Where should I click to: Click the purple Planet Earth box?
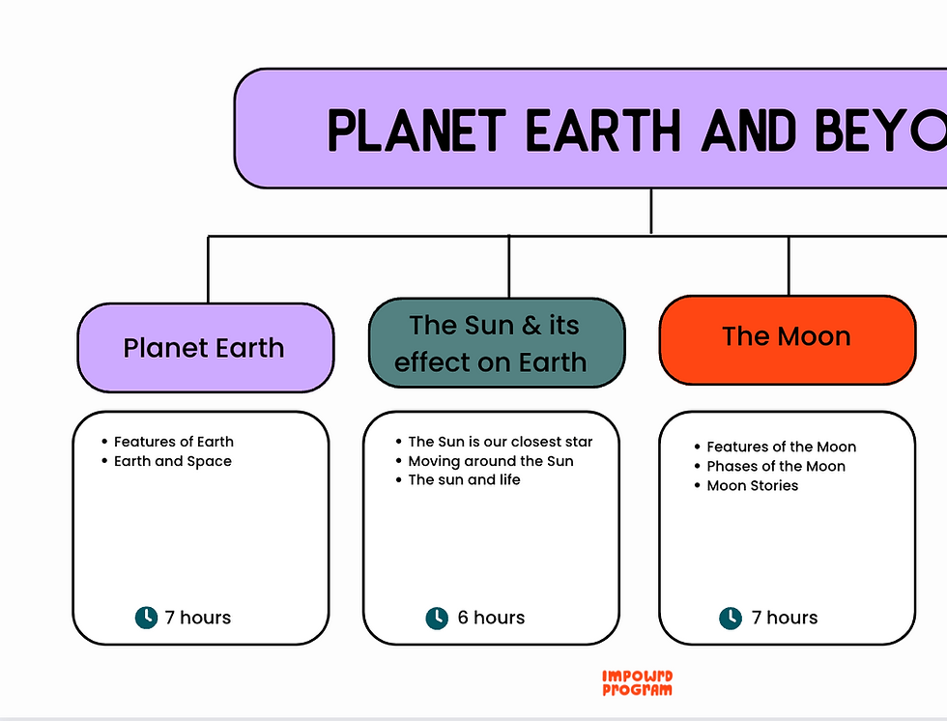[205, 348]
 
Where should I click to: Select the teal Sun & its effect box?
[497, 343]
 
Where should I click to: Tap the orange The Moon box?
[787, 337]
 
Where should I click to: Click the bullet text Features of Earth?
[173, 442]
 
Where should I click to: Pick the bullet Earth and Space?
[172, 461]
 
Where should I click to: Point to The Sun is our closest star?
[500, 442]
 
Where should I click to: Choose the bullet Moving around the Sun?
[490, 461]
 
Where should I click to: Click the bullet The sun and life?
[464, 479]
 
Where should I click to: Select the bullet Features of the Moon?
[781, 447]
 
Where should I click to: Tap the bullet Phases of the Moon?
[775, 466]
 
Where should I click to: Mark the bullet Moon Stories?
[752, 485]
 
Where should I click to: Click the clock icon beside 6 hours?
[437, 618]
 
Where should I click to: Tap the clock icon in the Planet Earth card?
[146, 617]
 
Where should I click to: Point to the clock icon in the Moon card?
[731, 618]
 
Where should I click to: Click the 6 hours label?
[491, 618]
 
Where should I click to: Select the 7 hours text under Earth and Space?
[198, 618]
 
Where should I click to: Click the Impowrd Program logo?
[637, 683]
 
